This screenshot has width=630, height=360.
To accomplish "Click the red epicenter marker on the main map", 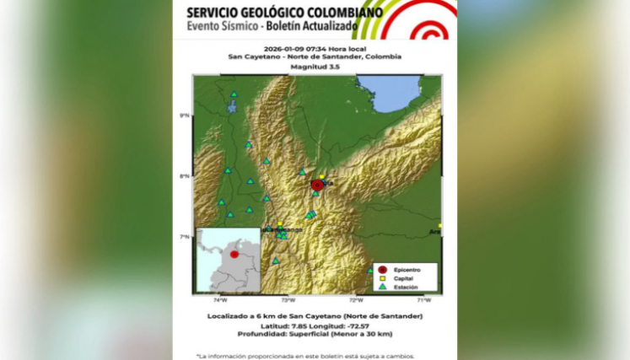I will tap(317, 185).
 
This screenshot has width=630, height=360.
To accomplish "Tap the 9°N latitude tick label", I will tap(185, 115).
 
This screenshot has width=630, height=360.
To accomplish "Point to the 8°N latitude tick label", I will tap(185, 176).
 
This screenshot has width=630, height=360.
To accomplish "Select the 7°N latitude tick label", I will tap(185, 237).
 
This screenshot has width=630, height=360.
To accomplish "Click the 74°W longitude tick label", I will tap(219, 299).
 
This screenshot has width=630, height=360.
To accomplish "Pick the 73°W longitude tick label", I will tap(288, 299).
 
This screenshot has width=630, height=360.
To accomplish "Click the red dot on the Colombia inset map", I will tap(234, 254).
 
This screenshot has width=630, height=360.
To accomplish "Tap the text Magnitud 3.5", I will tap(315, 66).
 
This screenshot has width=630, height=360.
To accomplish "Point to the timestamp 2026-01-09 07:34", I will tap(292, 48).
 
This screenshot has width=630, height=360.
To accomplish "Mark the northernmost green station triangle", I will tap(234, 94).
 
